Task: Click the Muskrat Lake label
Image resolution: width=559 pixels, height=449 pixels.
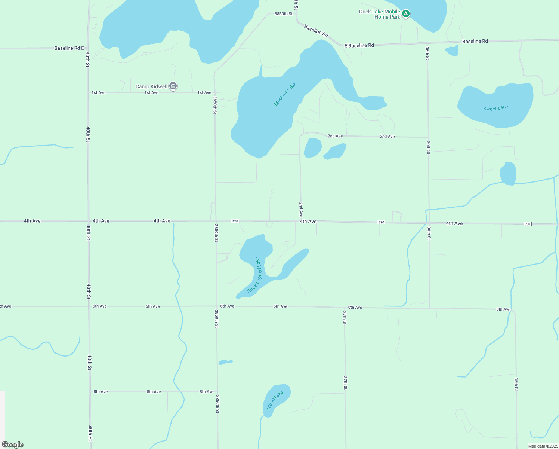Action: click(285, 94)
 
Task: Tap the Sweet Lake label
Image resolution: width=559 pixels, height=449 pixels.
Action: click(495, 108)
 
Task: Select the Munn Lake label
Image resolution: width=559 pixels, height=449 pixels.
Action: click(275, 400)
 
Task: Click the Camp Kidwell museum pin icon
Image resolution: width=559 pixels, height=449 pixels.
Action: click(173, 86)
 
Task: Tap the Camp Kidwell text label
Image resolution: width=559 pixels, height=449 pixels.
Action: click(151, 86)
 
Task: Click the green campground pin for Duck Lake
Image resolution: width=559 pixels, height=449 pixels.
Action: click(406, 14)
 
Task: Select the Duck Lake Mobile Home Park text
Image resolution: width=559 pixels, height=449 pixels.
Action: click(380, 14)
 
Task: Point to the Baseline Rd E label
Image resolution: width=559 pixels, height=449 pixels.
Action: click(69, 48)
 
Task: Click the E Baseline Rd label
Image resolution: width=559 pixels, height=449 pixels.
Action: click(359, 46)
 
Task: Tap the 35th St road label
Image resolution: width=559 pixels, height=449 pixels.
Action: click(516, 384)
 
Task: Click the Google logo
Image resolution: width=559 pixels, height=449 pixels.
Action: click(13, 445)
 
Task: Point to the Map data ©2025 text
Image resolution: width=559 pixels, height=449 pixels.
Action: click(542, 446)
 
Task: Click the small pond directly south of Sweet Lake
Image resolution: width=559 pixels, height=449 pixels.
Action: click(508, 174)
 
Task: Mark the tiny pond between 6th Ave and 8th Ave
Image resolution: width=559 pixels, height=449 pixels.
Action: click(225, 362)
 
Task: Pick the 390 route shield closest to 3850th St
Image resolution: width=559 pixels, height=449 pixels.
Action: click(235, 221)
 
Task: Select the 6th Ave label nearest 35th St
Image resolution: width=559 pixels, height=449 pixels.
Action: click(503, 309)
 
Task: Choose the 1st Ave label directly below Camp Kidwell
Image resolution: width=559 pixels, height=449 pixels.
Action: click(151, 93)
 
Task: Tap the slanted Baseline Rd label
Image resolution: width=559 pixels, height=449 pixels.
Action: click(316, 31)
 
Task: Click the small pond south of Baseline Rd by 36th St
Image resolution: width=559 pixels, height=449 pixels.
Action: click(453, 51)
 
